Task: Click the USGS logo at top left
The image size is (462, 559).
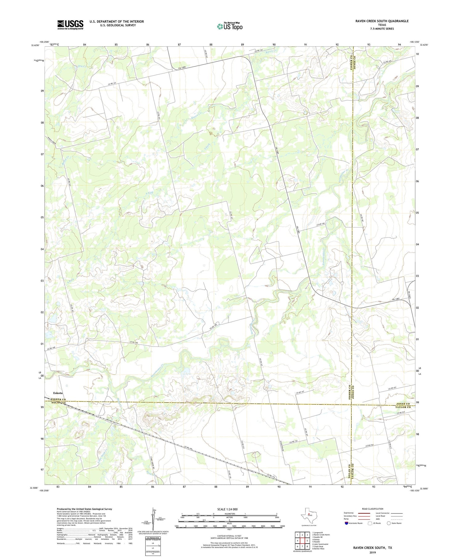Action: click(70, 25)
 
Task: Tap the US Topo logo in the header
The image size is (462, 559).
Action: click(230, 26)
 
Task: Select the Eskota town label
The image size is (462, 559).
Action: click(58, 393)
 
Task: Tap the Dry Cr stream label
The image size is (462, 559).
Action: click(82, 66)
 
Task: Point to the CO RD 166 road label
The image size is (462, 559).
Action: click(321, 225)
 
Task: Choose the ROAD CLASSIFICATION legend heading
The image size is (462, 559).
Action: click(373, 509)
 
